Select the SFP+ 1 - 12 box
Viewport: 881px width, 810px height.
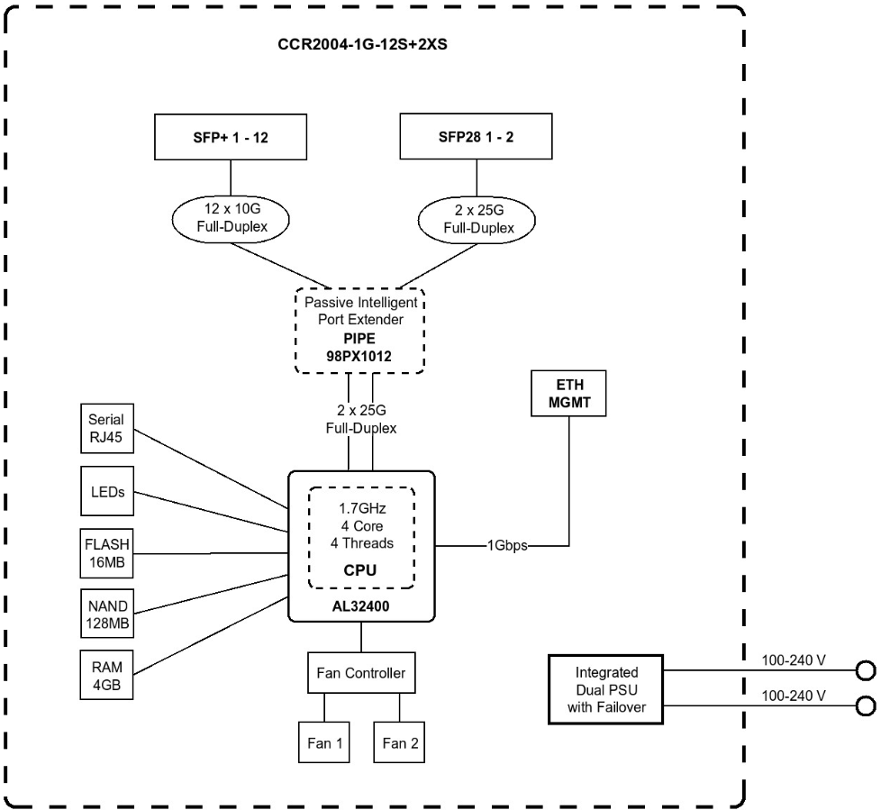pos(232,138)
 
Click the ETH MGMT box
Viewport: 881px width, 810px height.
pos(568,393)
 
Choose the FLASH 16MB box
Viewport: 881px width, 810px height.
pos(107,551)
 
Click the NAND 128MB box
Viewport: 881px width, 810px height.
pos(107,612)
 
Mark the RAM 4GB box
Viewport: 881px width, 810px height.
pos(107,673)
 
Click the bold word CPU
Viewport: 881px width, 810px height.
pos(360,570)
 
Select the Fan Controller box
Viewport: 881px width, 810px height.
pos(361,672)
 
